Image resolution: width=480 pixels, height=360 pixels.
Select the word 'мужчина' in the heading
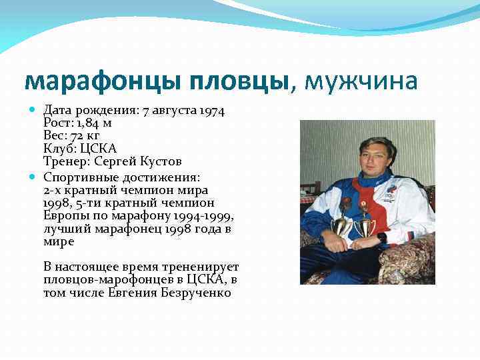click(361, 81)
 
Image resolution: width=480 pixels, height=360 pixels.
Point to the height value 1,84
click(87, 123)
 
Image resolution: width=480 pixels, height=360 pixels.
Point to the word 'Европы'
click(63, 215)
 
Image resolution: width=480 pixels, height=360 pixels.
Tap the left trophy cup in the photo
click(341, 223)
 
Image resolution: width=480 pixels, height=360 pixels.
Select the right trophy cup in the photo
click(365, 225)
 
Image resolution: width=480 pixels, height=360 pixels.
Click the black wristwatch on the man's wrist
click(382, 236)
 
